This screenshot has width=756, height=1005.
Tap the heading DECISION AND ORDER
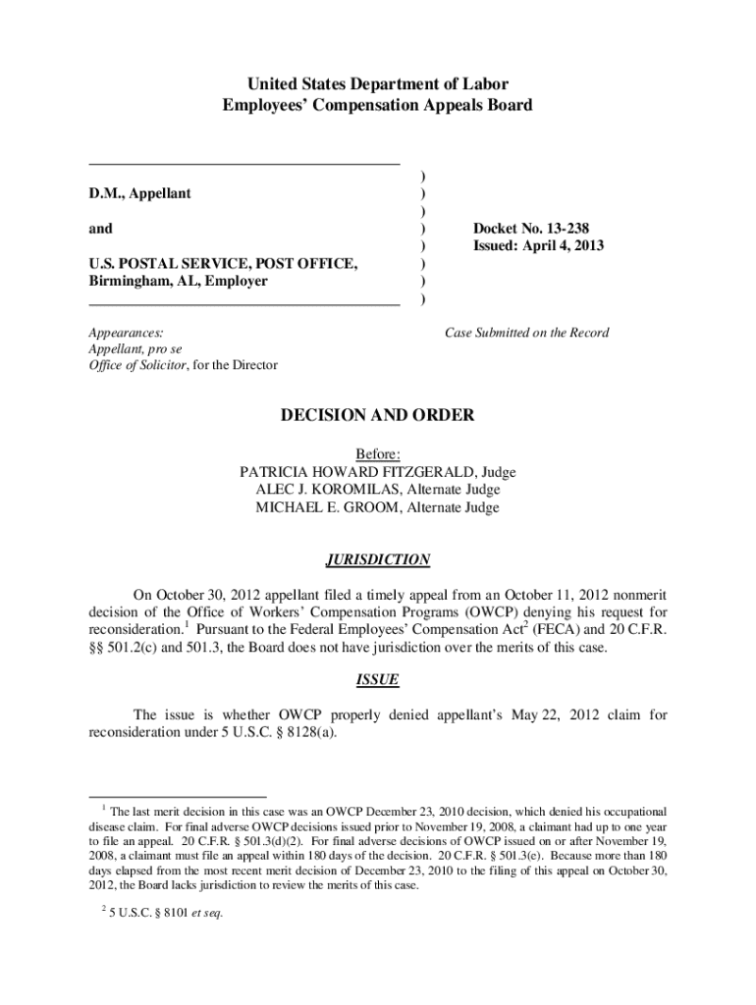pyautogui.click(x=378, y=416)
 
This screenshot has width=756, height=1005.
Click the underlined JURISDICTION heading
pyautogui.click(x=378, y=560)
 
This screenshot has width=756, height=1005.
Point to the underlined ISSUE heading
pyautogui.click(x=377, y=679)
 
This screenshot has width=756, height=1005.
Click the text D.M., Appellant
pyautogui.click(x=140, y=193)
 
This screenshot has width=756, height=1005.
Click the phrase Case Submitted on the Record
pyautogui.click(x=526, y=333)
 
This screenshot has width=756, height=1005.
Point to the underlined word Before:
pyautogui.click(x=378, y=454)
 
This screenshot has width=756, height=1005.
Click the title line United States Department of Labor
pyautogui.click(x=377, y=84)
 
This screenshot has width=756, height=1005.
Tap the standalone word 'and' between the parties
pyautogui.click(x=100, y=229)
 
